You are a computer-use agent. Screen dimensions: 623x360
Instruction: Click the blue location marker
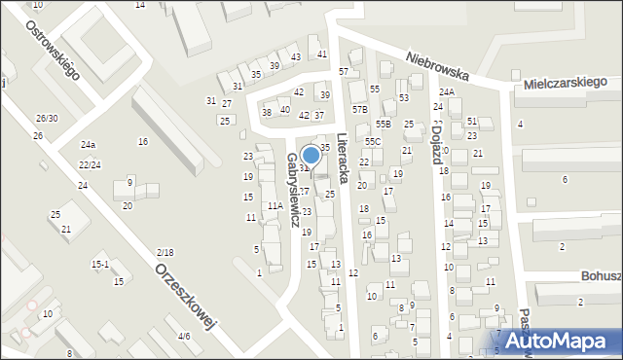point(311,154)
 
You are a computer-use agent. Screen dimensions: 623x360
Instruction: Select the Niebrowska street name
point(438,67)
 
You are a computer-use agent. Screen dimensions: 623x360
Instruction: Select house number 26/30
point(47,119)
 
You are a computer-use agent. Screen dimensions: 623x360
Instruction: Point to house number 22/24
point(90,164)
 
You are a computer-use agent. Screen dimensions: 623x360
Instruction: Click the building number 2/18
point(165,253)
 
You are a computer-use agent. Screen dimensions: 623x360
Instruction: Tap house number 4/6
point(184,337)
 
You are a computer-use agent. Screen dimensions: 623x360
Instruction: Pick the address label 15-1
point(99,264)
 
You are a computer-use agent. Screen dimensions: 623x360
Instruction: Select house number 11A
point(275,206)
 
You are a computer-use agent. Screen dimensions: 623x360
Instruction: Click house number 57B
point(360,110)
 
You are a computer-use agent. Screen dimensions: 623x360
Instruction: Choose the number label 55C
point(374,142)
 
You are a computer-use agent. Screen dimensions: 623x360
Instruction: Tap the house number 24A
point(446,91)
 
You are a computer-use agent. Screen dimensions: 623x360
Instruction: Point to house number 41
point(322,54)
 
